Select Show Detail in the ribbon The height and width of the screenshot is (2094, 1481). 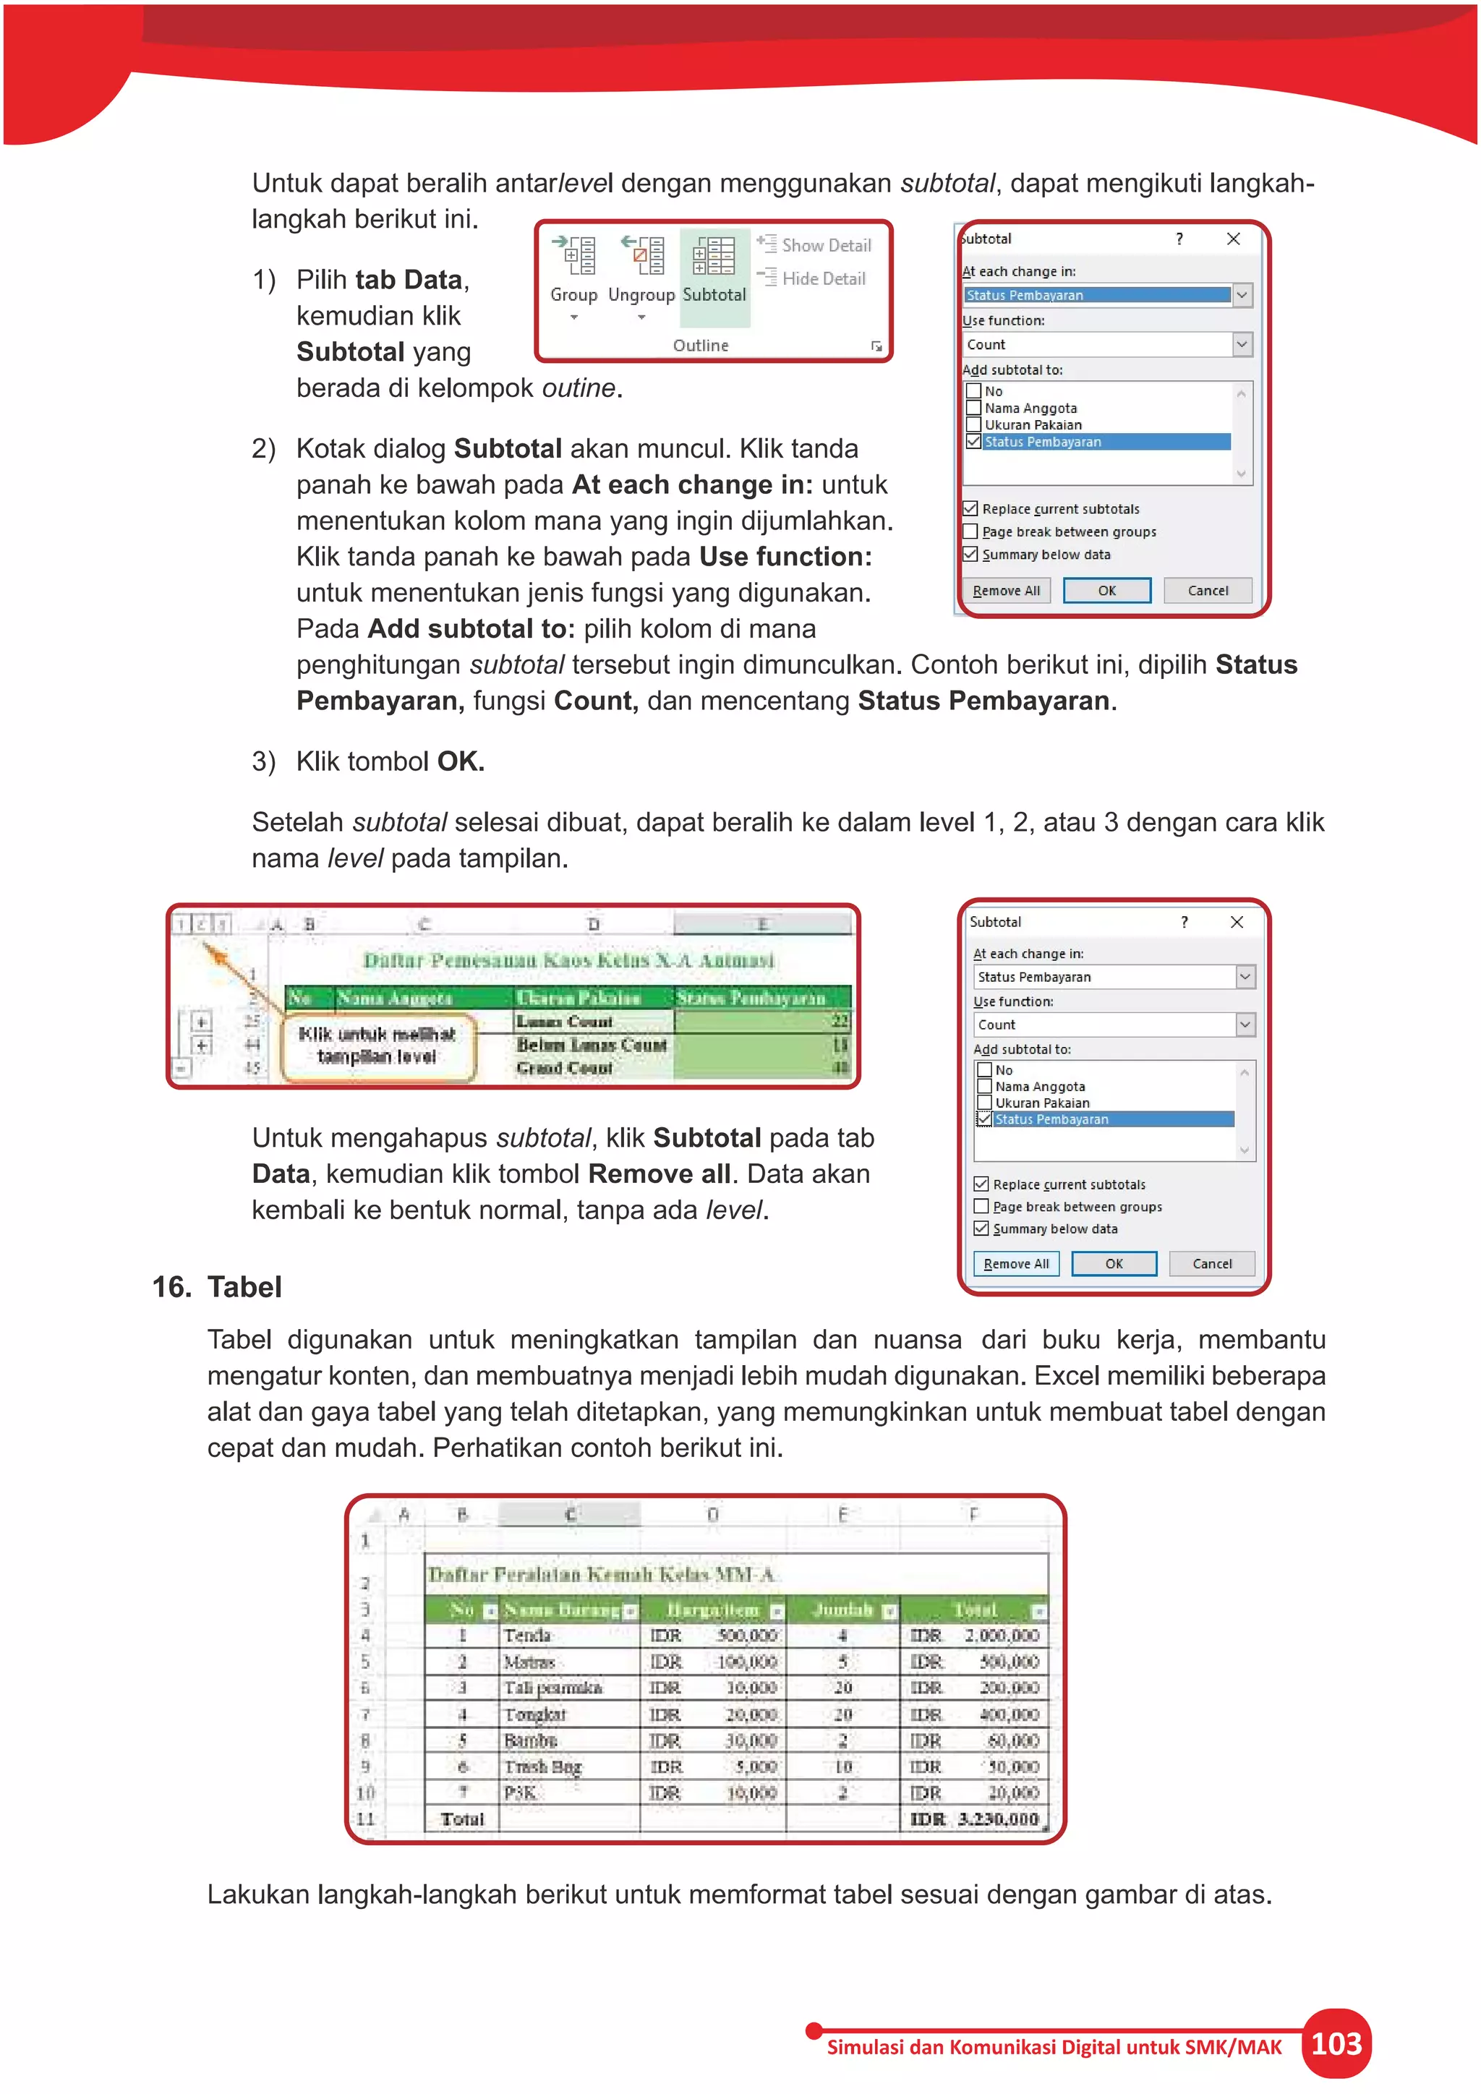(814, 244)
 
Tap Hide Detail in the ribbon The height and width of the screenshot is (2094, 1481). (813, 278)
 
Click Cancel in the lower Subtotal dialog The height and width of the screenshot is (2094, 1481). (1211, 1263)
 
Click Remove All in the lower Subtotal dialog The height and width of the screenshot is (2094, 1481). (1016, 1263)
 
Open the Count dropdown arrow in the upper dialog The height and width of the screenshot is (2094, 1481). (1241, 344)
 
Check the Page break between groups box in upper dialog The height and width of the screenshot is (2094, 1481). (971, 531)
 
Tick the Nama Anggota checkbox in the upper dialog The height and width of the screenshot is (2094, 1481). (974, 408)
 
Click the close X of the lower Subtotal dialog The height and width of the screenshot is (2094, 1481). (1237, 922)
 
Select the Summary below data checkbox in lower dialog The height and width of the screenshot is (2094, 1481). (981, 1228)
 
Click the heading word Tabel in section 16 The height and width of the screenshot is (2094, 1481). (244, 1287)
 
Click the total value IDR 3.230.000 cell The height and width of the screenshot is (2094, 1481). (974, 1819)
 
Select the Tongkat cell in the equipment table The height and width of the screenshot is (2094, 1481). (535, 1714)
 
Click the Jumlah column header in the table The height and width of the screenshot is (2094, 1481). (842, 1610)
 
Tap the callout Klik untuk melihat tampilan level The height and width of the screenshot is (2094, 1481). (377, 1045)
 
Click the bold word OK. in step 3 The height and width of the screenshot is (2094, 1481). (461, 761)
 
